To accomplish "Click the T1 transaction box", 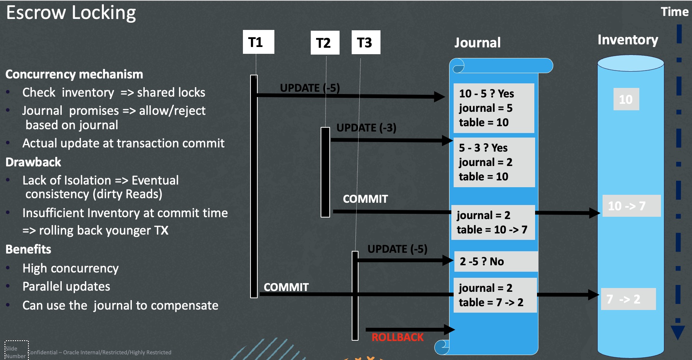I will (258, 42).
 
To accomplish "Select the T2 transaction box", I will (325, 43).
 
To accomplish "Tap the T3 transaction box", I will (366, 42).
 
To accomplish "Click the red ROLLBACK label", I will (397, 337).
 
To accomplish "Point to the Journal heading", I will (478, 42).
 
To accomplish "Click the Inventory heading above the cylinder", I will (628, 40).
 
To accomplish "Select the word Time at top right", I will (675, 12).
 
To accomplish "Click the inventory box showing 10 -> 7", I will (631, 206).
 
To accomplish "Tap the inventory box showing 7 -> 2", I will (628, 299).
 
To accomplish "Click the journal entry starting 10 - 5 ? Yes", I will (494, 108).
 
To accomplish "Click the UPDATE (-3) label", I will (366, 128).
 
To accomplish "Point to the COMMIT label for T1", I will (286, 287).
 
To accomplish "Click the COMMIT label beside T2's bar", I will (365, 199).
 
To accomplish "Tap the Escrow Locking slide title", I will (71, 13).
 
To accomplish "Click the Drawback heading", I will (33, 162).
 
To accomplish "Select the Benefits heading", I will (28, 249).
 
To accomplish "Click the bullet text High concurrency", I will (70, 268).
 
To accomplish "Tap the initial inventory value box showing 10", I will (626, 99).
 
